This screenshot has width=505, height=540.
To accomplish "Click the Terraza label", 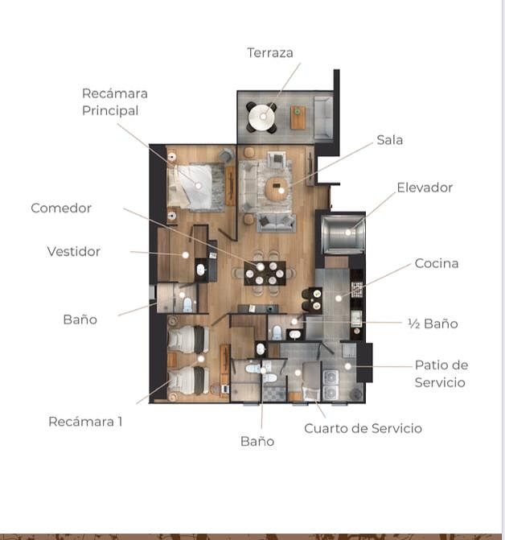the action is coord(270,52).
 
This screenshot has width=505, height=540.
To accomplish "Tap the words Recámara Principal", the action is coord(114,102).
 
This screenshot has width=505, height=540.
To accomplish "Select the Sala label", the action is coord(390,140).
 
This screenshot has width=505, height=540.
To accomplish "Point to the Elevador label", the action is coord(425,188).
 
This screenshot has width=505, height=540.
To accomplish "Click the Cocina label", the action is coord(437,263).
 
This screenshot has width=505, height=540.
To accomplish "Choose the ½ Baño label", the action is coord(433,324).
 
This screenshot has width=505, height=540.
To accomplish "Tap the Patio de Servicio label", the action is coord(441,373).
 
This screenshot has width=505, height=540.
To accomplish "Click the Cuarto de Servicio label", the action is coord(363,428).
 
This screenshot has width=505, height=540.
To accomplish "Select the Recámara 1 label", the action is coord(85,422).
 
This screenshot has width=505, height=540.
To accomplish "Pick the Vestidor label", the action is coord(74,251).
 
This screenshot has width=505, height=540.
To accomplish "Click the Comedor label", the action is coord(61,208).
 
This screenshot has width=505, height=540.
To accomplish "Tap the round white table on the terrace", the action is coord(261,117).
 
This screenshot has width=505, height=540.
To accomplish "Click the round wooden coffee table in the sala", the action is coord(277,188).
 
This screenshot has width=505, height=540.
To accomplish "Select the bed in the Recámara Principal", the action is coord(190,187).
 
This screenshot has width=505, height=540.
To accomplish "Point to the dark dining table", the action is coord(265,273).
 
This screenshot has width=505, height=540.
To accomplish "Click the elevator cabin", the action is coord(343,233).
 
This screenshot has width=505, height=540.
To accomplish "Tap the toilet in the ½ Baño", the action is coord(277,332).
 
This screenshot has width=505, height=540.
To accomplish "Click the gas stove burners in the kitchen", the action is coord(357,290).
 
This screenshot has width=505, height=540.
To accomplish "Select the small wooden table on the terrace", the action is coord(298,117).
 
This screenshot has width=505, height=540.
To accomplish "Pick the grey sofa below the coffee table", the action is coord(276,222).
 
